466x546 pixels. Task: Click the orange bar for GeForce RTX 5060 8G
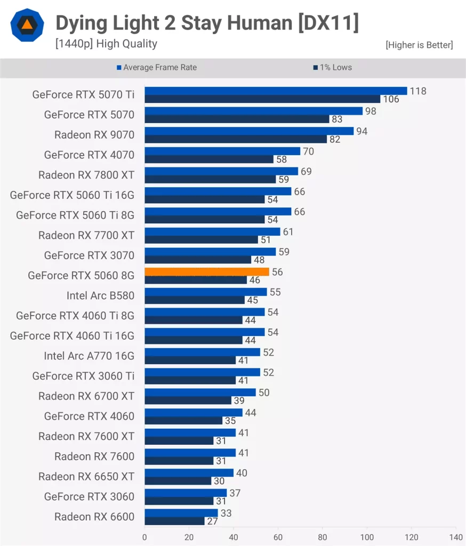point(207,272)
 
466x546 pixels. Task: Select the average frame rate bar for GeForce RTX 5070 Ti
point(276,91)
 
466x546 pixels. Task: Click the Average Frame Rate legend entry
point(157,68)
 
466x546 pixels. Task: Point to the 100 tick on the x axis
point(367,537)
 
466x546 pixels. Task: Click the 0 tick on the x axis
point(144,537)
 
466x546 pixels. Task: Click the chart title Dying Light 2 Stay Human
point(207,23)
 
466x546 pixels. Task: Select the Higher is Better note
point(419,45)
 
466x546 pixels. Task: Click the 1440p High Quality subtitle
point(106,44)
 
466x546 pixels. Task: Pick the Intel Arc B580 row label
point(100,295)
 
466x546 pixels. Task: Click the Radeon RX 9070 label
point(94,135)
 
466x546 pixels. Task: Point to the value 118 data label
point(418,91)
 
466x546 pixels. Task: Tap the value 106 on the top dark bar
point(390,99)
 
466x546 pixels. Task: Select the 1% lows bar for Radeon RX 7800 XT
point(210,180)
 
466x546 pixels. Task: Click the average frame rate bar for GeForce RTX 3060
point(186,493)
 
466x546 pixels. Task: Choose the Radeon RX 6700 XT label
point(86,396)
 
